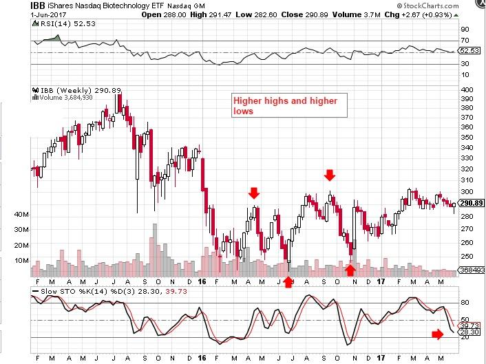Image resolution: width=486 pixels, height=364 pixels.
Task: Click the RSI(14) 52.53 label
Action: tap(54, 23)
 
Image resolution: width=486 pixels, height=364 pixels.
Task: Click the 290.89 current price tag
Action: tap(470, 204)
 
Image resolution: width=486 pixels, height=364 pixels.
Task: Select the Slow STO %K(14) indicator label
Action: tap(70, 291)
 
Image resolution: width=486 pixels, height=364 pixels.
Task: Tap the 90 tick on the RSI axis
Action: tap(465, 30)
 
